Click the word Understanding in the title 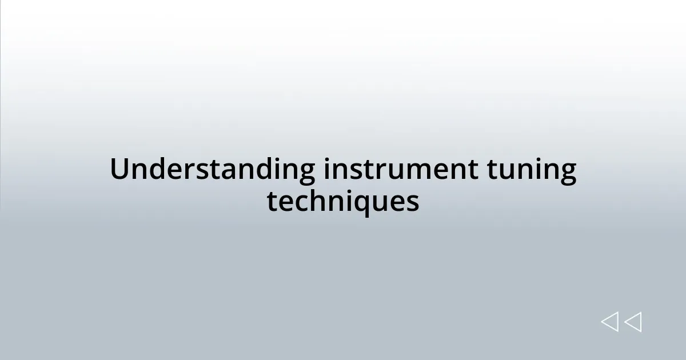point(212,170)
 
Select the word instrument point(401,170)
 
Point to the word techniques point(343,202)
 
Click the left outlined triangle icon point(609,322)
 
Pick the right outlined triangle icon point(633,322)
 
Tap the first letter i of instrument point(326,170)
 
